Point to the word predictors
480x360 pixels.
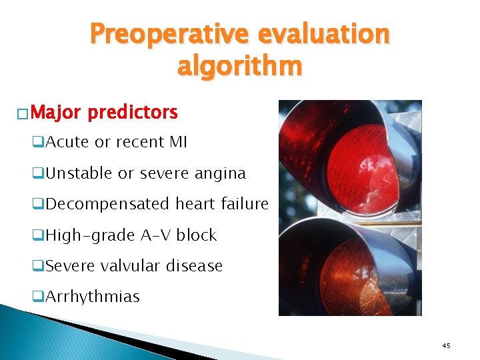point(133,112)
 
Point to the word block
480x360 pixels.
point(197,235)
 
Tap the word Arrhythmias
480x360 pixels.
point(93,297)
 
